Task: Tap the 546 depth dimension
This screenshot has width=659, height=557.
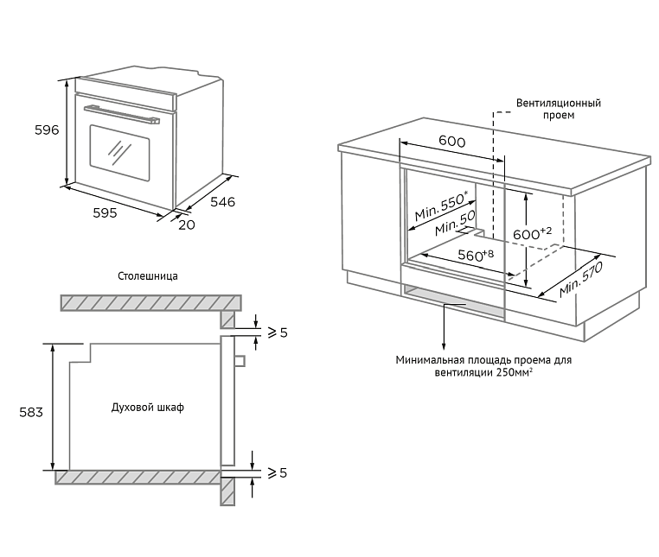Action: pyautogui.click(x=222, y=202)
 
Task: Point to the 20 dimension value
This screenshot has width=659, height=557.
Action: pyautogui.click(x=186, y=225)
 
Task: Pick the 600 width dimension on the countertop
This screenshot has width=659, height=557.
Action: pyautogui.click(x=451, y=142)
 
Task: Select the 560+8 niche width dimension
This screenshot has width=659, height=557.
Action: pyautogui.click(x=475, y=255)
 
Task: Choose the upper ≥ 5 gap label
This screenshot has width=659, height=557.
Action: pyautogui.click(x=275, y=333)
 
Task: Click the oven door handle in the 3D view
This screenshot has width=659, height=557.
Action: pyautogui.click(x=122, y=114)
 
